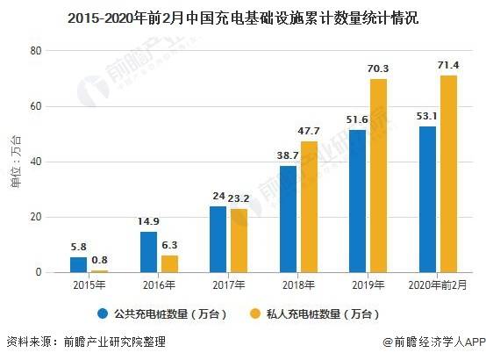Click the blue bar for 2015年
79,264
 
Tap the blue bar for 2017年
218,239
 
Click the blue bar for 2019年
357,201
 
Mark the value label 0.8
100,260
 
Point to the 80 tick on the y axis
37,51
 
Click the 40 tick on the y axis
37,162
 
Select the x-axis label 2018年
298,284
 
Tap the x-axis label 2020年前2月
438,284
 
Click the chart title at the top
243,16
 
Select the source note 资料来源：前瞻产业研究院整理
85,342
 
